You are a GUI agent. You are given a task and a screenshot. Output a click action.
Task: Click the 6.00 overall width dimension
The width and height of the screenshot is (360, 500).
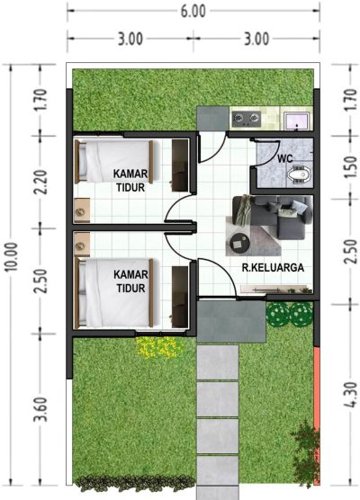coord(193,12)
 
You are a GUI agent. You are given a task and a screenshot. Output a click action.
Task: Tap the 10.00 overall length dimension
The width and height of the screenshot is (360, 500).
coord(12,257)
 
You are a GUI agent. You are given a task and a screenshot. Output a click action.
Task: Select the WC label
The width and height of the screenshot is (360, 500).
coord(285,158)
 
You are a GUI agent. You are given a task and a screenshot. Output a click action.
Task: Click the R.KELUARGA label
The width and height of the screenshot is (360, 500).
coord(273,268)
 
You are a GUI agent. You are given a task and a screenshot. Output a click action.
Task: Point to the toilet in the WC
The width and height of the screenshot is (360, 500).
coord(299,174)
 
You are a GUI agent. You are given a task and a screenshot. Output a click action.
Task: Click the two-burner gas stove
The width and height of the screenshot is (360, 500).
coord(246,119)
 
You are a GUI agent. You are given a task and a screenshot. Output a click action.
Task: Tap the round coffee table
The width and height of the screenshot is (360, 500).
coord(238,244)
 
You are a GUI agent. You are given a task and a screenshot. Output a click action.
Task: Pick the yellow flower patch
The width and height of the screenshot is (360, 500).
coord(157,347)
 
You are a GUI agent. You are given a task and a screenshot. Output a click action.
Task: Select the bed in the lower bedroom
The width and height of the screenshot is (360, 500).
coord(114,293)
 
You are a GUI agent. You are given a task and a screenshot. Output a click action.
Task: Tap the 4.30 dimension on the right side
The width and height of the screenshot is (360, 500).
coord(350,395)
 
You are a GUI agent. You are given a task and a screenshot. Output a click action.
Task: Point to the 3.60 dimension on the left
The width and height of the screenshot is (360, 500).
coord(40,409)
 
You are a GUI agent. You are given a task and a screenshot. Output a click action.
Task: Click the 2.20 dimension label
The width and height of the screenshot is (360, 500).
coord(40,182)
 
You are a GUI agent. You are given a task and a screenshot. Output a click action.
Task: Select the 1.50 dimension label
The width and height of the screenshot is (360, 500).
coord(350,167)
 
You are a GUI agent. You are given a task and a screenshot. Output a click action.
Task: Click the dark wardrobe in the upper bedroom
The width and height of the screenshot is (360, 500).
coord(180,165)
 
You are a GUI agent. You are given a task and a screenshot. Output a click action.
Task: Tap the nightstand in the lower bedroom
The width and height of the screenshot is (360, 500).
coord(82,244)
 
